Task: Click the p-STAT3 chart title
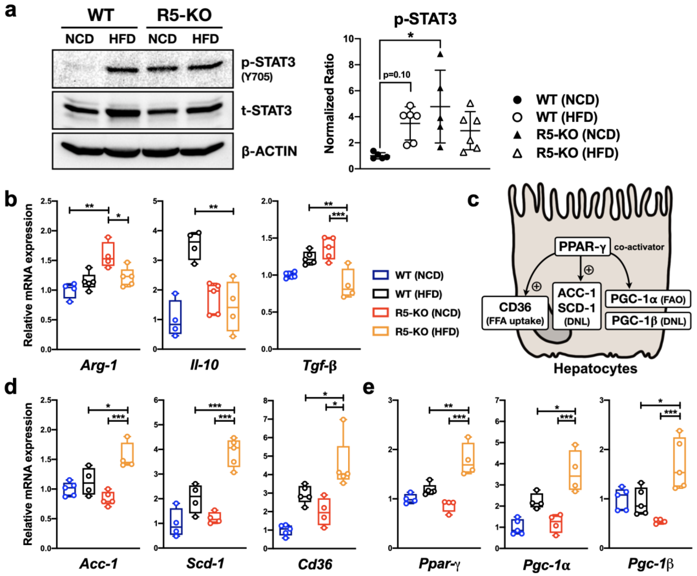(x=425, y=19)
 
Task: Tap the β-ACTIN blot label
(x=269, y=151)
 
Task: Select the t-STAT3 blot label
(x=266, y=110)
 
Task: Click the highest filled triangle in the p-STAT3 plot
(x=440, y=54)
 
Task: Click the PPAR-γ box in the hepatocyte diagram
(x=583, y=247)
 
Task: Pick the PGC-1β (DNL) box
(x=648, y=321)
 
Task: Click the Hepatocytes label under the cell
(x=595, y=369)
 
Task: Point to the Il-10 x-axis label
(x=204, y=365)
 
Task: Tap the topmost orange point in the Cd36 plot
(x=343, y=420)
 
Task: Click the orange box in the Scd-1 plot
(x=234, y=454)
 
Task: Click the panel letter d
(x=11, y=388)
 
